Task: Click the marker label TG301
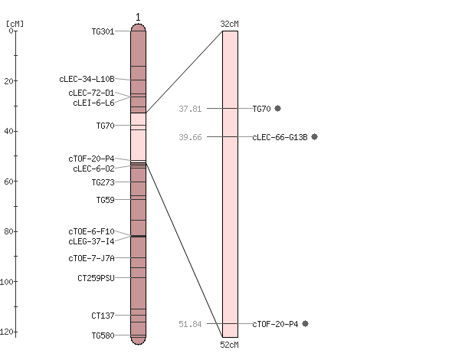click(103, 31)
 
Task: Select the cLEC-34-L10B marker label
click(87, 79)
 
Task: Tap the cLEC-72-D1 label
click(91, 93)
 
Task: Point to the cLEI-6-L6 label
click(94, 103)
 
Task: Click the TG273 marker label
click(103, 182)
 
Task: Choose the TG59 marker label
click(106, 200)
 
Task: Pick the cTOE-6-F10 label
click(91, 231)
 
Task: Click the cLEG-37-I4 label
click(91, 241)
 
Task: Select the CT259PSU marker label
click(97, 278)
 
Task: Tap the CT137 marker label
click(103, 316)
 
